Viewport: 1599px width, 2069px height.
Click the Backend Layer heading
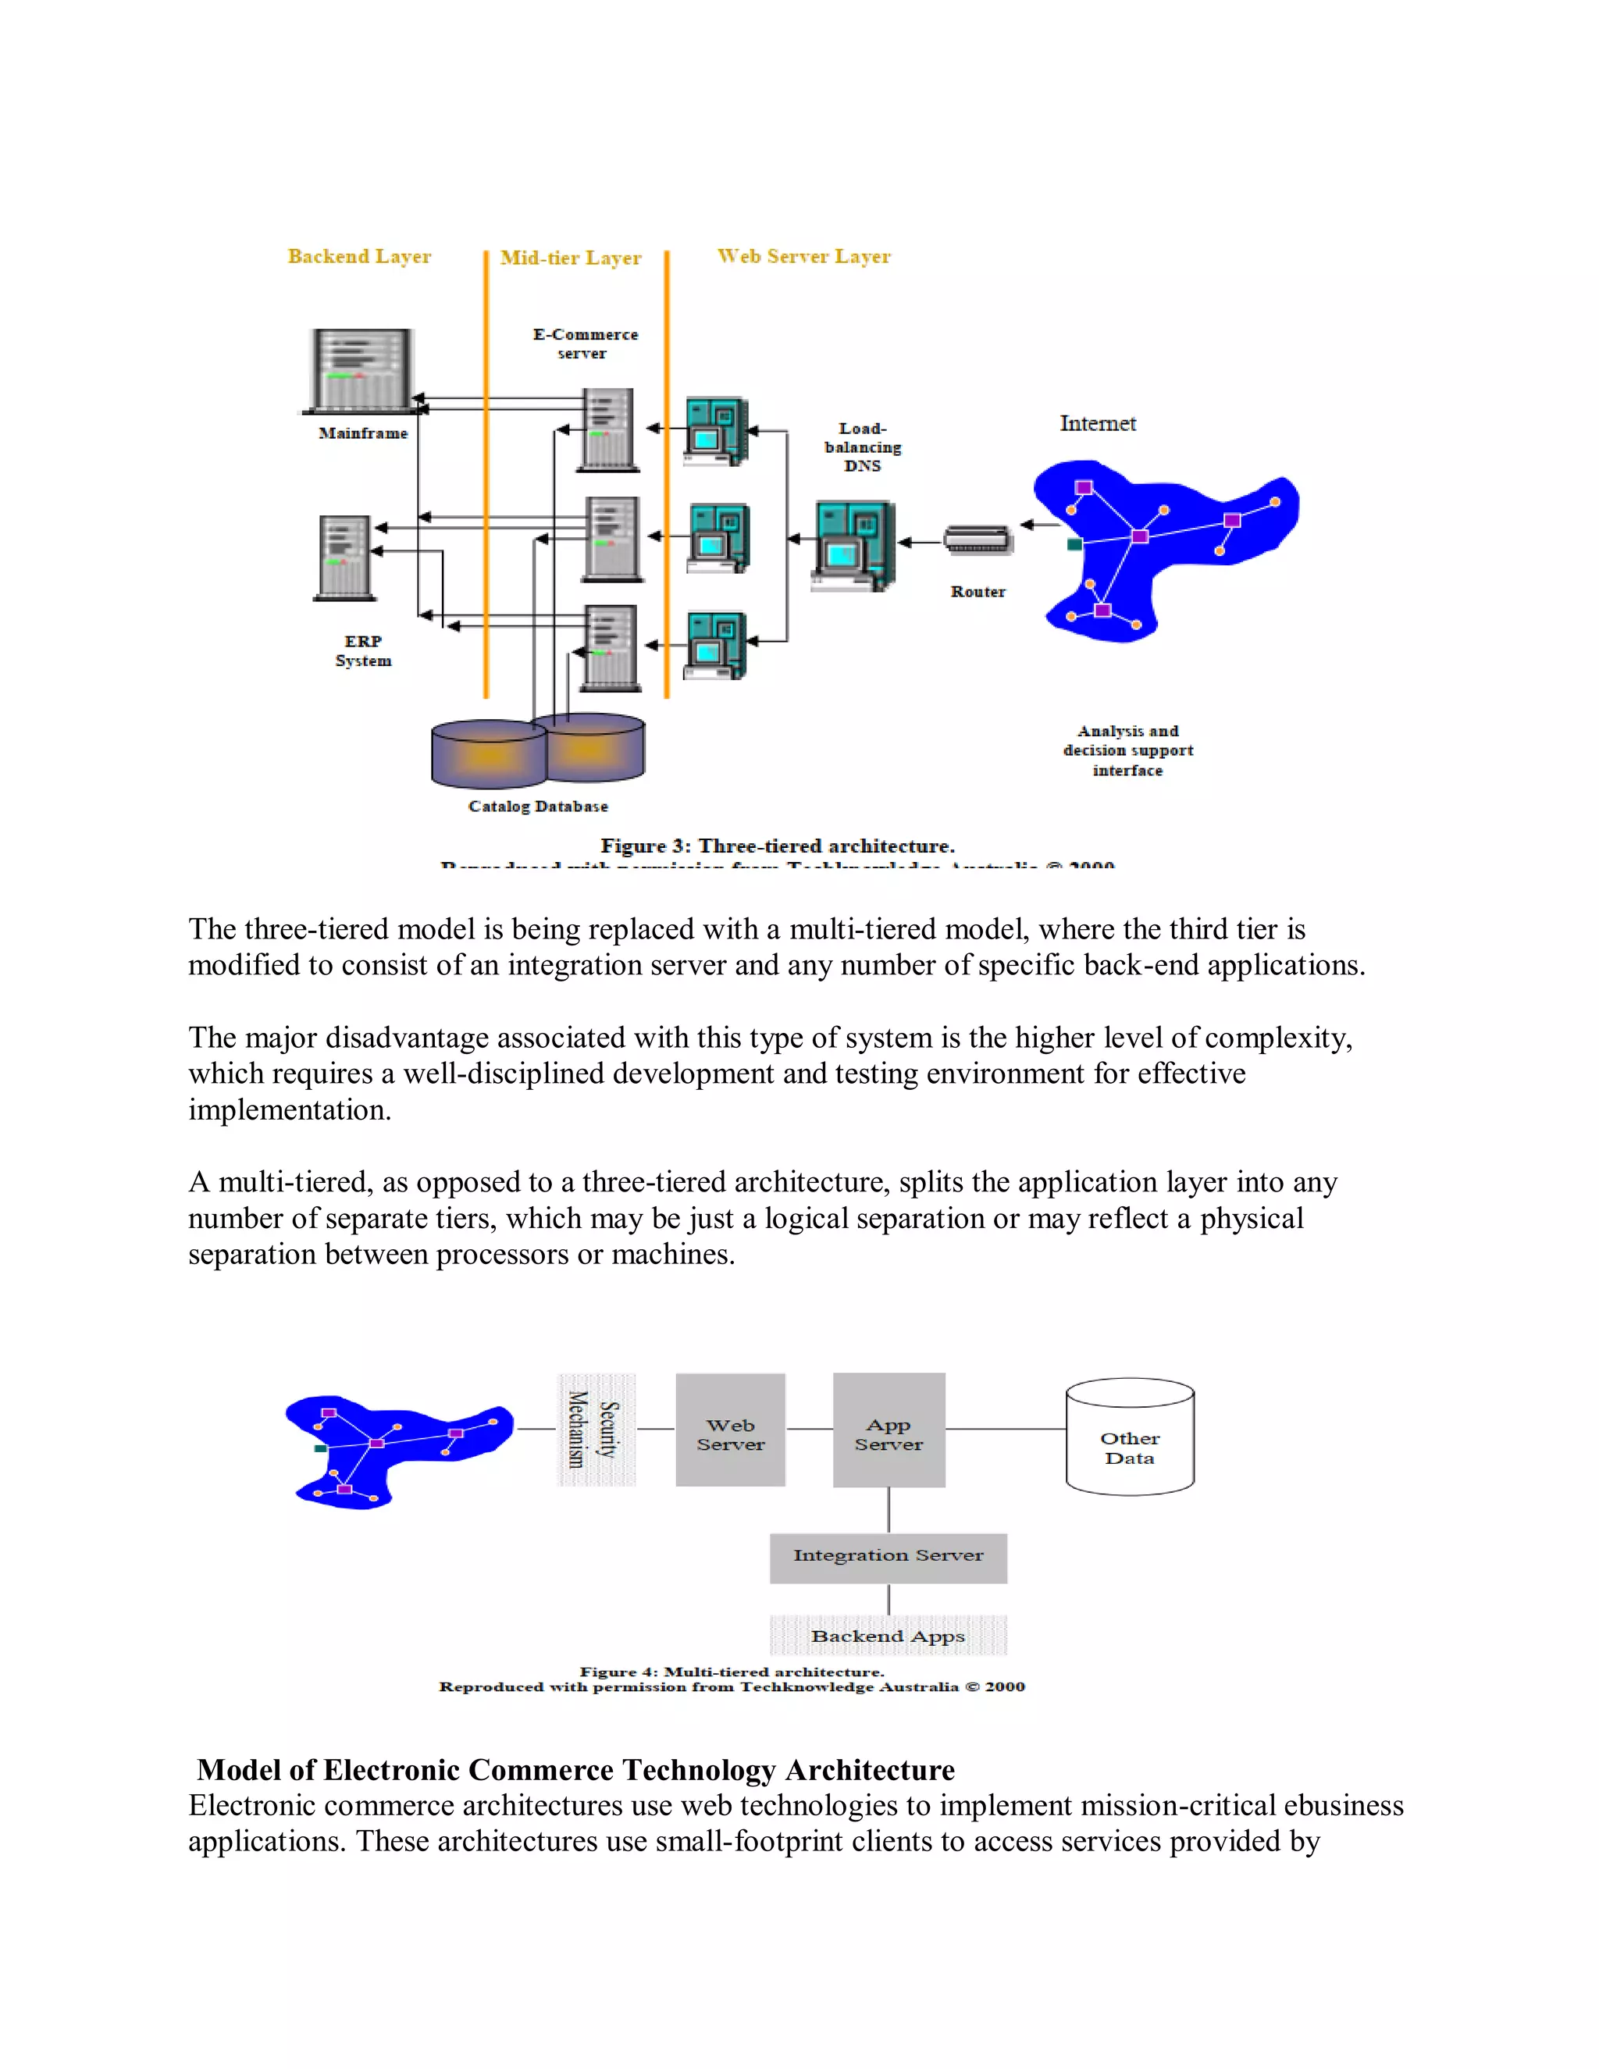point(359,257)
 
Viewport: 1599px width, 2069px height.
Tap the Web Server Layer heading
point(803,257)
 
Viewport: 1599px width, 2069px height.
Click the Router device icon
point(978,540)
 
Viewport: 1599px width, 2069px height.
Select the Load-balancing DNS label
point(862,447)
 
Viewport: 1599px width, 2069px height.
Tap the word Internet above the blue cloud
point(1097,423)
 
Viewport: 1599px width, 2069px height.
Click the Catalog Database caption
point(538,807)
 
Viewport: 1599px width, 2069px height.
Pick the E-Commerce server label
point(585,344)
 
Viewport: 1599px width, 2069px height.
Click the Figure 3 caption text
point(777,846)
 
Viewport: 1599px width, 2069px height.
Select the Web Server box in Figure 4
point(730,1430)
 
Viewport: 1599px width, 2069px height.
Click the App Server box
point(889,1430)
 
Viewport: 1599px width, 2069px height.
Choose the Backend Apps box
point(888,1636)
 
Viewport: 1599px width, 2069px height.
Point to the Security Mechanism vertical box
point(596,1430)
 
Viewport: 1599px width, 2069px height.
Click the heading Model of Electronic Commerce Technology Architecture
point(576,1770)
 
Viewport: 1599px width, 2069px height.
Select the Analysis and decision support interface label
point(1127,750)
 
